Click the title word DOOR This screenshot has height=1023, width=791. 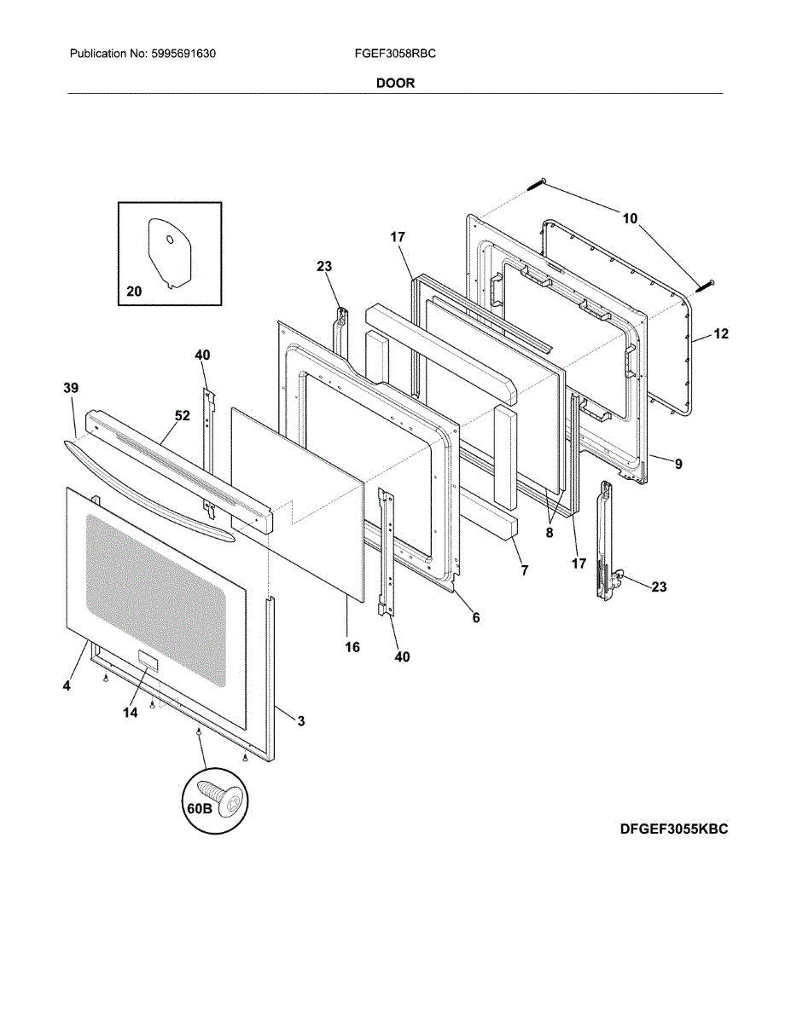(x=395, y=84)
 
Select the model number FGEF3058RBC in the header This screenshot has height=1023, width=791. (x=395, y=54)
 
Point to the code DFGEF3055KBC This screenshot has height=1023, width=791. (x=674, y=829)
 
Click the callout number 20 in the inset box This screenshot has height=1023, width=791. (x=134, y=292)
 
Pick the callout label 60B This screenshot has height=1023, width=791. (x=199, y=807)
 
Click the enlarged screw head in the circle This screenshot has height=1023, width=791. (x=224, y=796)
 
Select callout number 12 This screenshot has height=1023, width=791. (x=721, y=334)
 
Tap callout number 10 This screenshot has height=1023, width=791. (x=630, y=218)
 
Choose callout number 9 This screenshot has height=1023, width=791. (x=678, y=465)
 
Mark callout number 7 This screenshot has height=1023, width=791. (x=524, y=569)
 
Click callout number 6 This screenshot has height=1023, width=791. (x=475, y=617)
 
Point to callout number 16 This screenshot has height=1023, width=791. (x=352, y=647)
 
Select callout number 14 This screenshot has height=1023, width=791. (x=130, y=713)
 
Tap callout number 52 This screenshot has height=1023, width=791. (x=183, y=416)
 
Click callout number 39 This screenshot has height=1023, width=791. (x=70, y=388)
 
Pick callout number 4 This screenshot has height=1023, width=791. (x=66, y=685)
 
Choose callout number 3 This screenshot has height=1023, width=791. (x=301, y=721)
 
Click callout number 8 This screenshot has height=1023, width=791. (x=550, y=533)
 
